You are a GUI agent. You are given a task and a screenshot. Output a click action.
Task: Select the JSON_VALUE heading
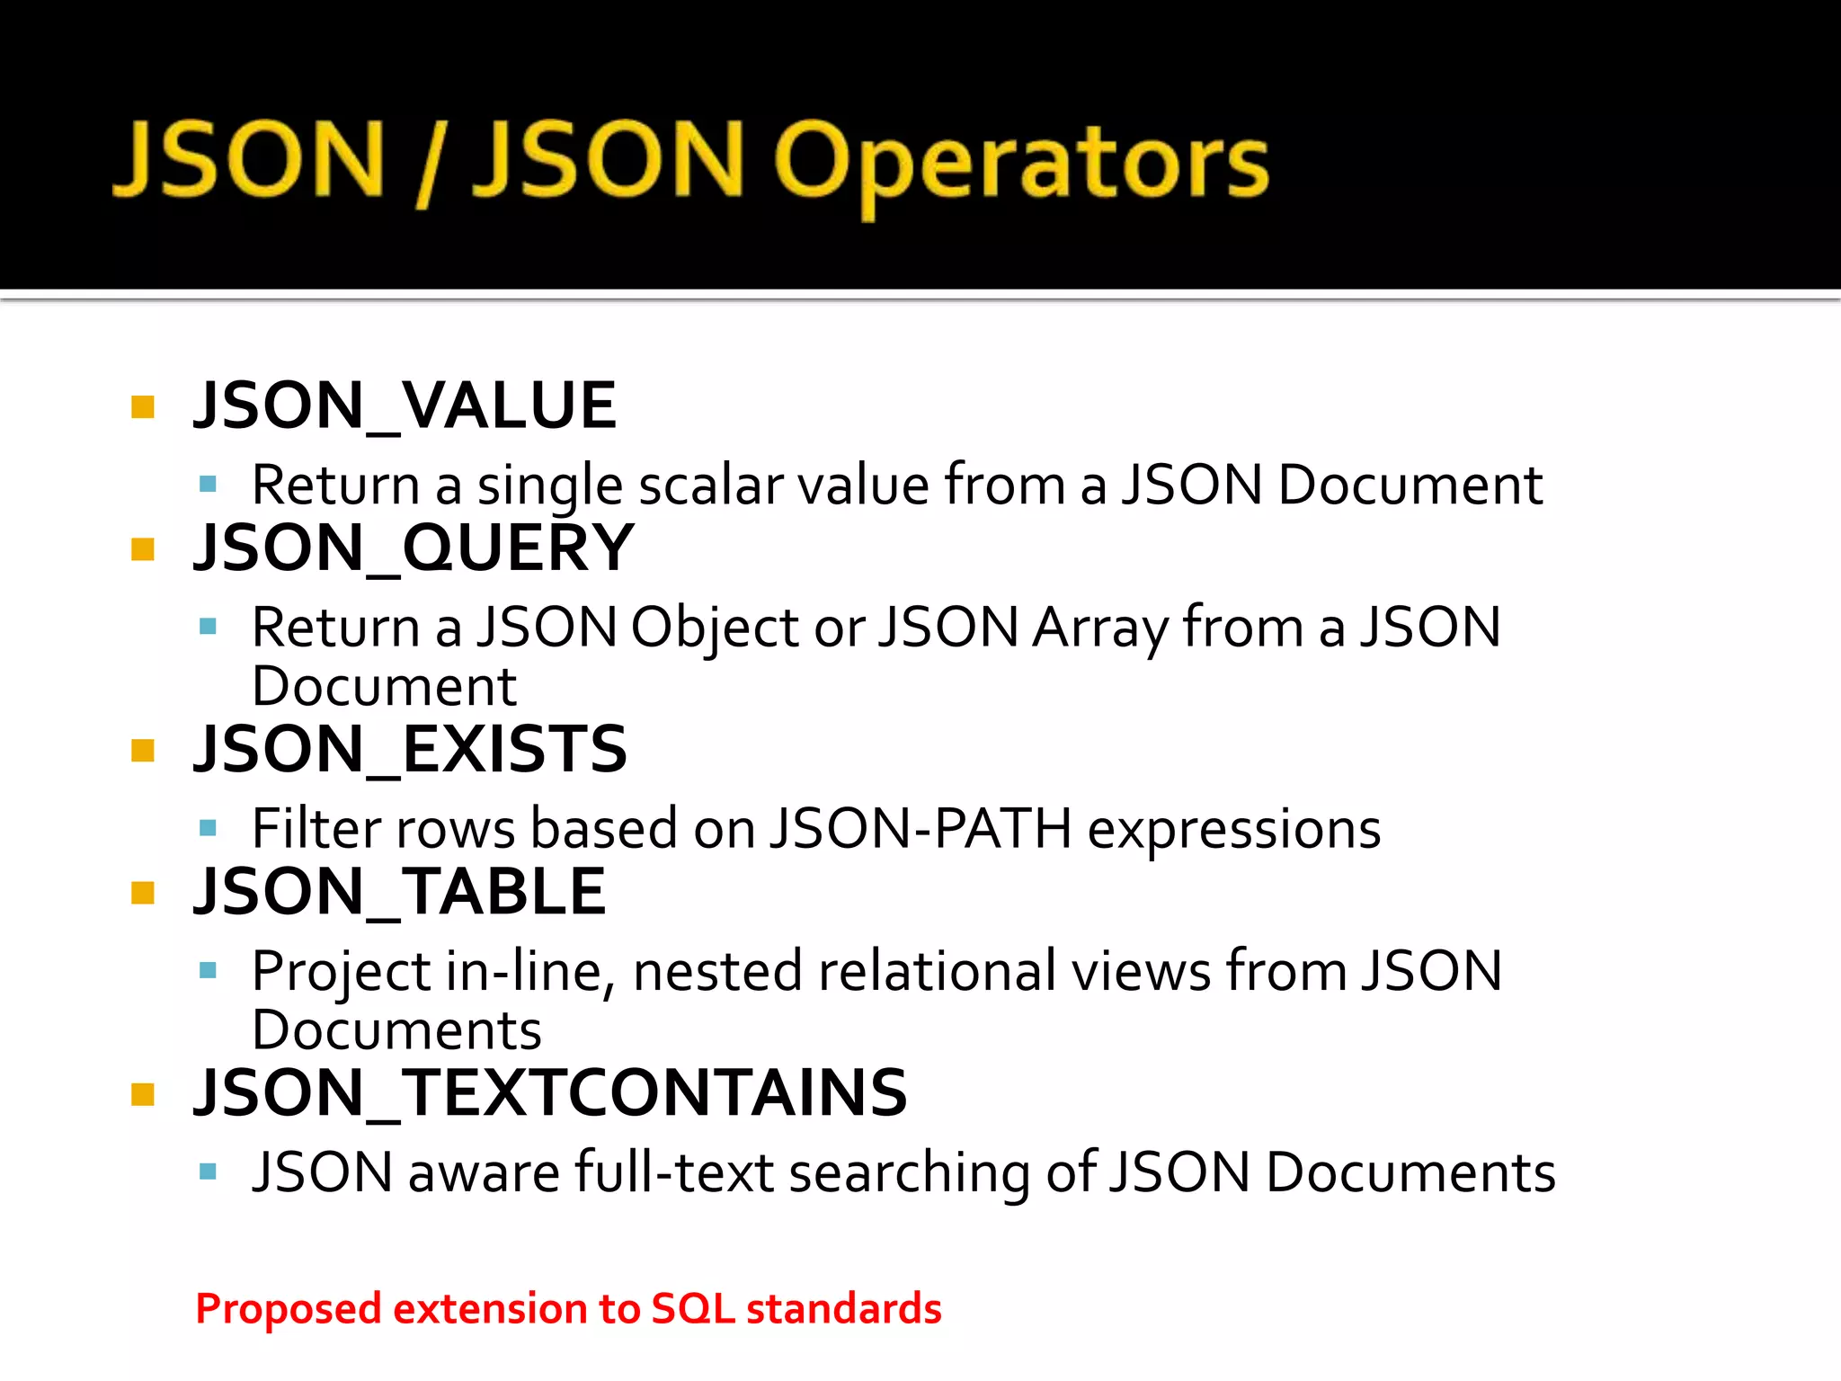tap(405, 405)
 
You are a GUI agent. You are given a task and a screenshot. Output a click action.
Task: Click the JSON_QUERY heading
tap(414, 548)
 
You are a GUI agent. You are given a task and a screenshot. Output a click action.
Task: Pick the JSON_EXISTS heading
tap(410, 749)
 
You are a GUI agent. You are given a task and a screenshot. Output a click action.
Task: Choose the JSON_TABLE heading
tap(400, 892)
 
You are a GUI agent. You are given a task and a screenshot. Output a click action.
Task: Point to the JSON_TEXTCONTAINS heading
tap(550, 1093)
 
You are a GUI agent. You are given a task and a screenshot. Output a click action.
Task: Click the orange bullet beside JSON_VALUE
tap(143, 407)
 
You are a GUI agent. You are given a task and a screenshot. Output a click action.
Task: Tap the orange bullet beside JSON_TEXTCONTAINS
tap(143, 1094)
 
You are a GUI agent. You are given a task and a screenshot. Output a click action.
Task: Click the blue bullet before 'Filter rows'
tap(209, 828)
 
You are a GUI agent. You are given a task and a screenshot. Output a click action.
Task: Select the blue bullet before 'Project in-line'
tap(209, 970)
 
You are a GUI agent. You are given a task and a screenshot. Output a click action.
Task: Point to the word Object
tap(715, 628)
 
